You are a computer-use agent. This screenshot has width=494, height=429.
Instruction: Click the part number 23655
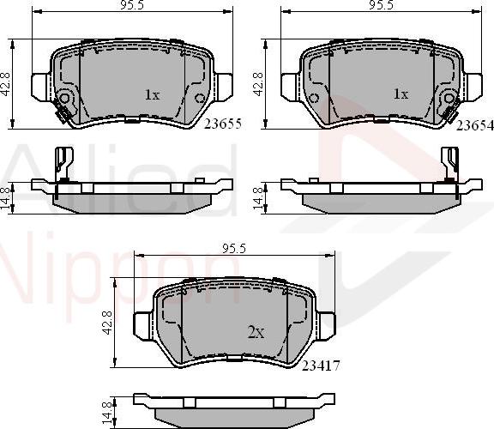[221, 124]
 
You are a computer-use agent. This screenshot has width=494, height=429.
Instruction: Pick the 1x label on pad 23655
[151, 94]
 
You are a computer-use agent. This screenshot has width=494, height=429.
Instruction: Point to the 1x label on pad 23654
[400, 94]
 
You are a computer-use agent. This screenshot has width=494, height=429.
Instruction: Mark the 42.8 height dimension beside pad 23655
[7, 85]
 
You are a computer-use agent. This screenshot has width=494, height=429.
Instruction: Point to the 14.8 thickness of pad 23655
[7, 196]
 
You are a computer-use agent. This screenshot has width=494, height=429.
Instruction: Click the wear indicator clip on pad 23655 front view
[62, 109]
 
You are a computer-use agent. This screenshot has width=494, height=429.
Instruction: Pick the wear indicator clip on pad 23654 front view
[447, 108]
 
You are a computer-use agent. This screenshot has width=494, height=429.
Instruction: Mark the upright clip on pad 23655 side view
[62, 163]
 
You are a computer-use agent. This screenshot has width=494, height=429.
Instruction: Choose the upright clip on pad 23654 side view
[449, 163]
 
